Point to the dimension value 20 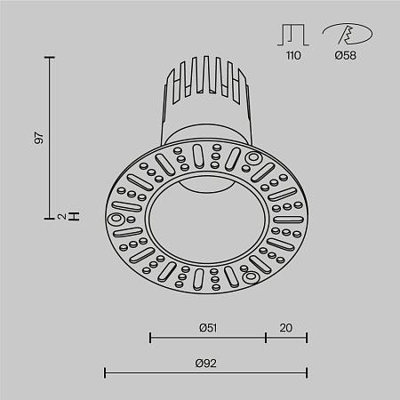286,327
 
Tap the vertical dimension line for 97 50,138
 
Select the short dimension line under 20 286,338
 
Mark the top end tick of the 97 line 50,57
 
